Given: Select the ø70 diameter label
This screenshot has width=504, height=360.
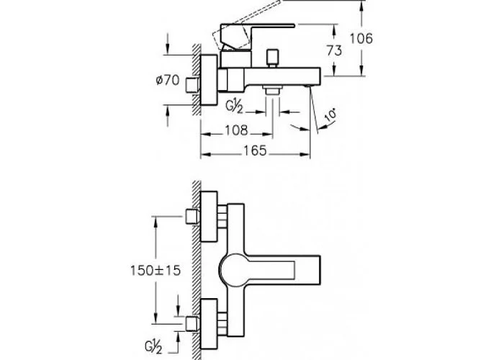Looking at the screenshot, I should [x=168, y=81].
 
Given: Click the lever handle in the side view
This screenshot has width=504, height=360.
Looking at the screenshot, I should [x=252, y=35].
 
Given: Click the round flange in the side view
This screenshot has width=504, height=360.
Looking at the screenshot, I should [x=209, y=79].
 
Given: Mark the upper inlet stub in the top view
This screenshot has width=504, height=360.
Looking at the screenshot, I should [x=192, y=216].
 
